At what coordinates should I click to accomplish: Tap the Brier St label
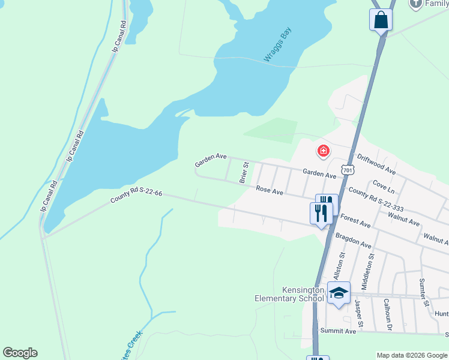coord(244,172)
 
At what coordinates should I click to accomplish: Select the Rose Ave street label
coord(270,190)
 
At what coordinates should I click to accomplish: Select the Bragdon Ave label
coord(354,239)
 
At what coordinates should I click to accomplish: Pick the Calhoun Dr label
coord(388,314)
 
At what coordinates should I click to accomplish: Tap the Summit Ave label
coord(339,331)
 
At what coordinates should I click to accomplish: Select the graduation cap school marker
coord(339,293)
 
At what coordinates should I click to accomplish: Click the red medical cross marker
coord(323,151)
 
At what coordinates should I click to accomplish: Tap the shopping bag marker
coord(381,20)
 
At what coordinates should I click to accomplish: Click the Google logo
coord(20,352)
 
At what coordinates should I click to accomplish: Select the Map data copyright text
coord(412,355)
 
